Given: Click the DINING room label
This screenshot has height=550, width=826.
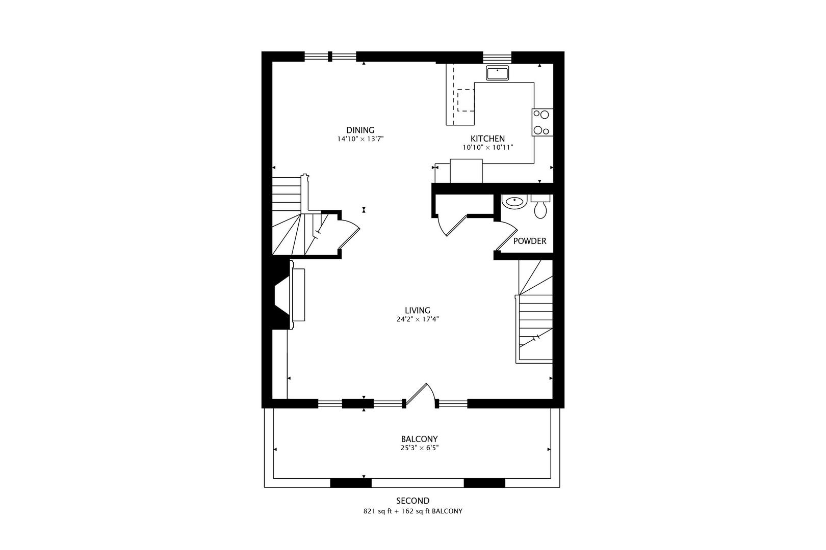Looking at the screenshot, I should (360, 130).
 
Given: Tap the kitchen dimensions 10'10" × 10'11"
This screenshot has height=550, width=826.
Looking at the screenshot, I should (487, 148).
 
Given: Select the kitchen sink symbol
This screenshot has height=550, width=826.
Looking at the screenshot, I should (497, 73).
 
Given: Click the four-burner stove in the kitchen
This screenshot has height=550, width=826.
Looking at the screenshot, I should (543, 122).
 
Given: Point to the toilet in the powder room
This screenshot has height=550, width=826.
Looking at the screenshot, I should (540, 207).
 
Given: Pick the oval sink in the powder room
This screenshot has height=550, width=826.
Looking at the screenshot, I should (514, 202).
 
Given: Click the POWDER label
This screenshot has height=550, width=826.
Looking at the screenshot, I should (529, 241).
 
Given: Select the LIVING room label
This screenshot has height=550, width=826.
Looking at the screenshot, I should (417, 310).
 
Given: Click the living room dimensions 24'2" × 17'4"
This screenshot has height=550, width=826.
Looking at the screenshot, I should (417, 320).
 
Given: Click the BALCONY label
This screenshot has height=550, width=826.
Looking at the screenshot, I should (419, 439).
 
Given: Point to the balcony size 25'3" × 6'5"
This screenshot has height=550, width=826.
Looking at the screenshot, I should (419, 448).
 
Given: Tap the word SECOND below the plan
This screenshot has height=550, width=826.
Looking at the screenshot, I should (412, 501).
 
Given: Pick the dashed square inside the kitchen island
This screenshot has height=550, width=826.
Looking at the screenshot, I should (465, 100).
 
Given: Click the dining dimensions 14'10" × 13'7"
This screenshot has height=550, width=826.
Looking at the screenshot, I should (360, 139).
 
